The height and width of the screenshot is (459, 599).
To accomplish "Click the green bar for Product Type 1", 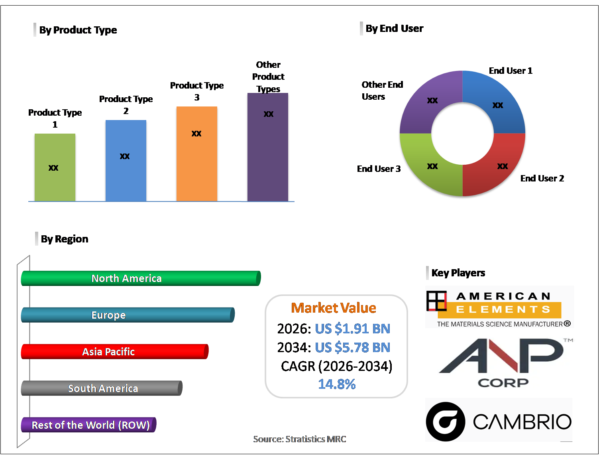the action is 55,167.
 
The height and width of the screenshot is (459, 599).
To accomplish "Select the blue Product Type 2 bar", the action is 126,161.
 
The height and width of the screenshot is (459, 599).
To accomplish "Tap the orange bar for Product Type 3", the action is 196,154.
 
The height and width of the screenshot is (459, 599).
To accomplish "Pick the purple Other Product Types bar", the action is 268,147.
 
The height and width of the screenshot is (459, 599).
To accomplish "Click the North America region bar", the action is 141,278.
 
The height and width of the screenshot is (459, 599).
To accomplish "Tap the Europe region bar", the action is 128,315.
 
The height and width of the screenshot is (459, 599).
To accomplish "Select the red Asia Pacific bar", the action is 115,352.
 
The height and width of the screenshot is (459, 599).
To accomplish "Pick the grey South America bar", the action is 102,388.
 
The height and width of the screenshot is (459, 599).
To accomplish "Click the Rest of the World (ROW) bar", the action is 89,425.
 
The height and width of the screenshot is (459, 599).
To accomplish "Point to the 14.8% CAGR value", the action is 337,384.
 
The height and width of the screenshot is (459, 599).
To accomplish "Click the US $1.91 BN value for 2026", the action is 353,329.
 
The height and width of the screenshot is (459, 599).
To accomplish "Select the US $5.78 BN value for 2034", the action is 353,347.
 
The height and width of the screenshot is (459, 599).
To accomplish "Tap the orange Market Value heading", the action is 334,308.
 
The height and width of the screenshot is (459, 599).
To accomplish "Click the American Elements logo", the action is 499,307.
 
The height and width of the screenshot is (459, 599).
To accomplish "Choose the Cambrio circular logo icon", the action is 446,422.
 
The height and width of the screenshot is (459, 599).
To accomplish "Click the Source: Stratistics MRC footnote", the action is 300,439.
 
